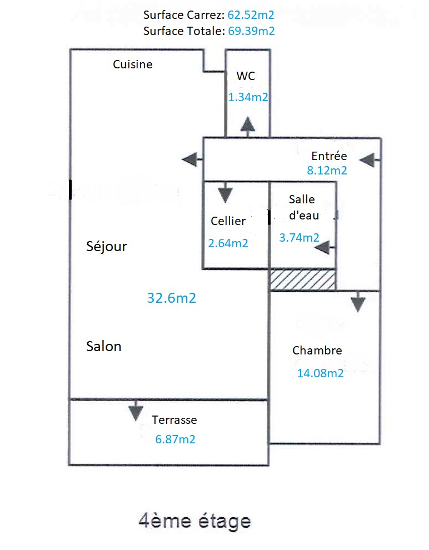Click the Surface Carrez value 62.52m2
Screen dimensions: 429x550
tap(251, 15)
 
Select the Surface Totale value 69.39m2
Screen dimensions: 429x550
tap(251, 31)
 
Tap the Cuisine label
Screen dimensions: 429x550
tap(133, 64)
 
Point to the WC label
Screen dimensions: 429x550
tap(246, 76)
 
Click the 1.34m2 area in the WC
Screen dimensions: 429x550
tap(248, 97)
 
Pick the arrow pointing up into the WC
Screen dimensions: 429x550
tap(248, 127)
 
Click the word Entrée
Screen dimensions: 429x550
tap(329, 156)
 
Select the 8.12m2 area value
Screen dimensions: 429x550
tap(327, 171)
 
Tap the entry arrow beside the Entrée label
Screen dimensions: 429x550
tap(370, 161)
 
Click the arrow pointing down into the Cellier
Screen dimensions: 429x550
tap(225, 192)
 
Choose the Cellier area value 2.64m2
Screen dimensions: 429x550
tap(228, 243)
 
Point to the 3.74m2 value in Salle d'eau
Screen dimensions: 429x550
tap(299, 238)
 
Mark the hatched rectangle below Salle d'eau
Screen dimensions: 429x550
tap(302, 279)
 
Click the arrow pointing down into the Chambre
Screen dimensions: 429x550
tap(358, 302)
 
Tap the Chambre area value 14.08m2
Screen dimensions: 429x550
tap(320, 373)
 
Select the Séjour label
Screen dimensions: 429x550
tap(107, 247)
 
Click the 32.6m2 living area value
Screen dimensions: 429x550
tap(172, 298)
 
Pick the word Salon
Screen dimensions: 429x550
tap(104, 347)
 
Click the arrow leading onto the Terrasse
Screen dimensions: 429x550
tap(136, 409)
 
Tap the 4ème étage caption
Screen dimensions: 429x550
tap(195, 521)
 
